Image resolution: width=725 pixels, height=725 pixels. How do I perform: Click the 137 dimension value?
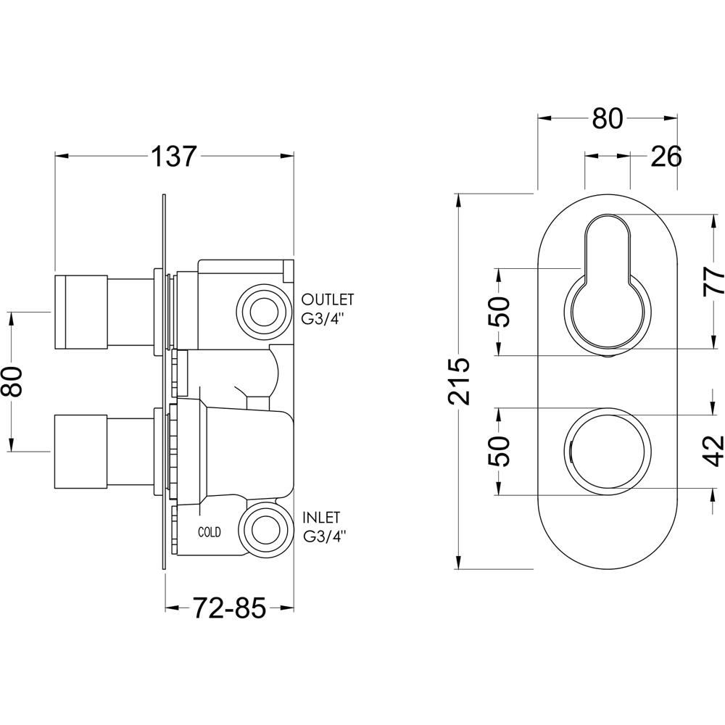(x=174, y=156)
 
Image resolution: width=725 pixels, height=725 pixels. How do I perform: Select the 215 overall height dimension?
(x=459, y=381)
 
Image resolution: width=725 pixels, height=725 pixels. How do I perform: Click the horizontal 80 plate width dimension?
(x=607, y=118)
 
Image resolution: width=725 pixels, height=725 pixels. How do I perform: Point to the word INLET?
(x=323, y=518)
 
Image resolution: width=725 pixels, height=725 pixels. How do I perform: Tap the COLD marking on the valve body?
(x=210, y=532)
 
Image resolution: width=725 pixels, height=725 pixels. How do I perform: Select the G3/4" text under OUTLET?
(x=325, y=318)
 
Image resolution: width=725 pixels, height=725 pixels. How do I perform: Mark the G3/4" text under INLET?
(x=325, y=536)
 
